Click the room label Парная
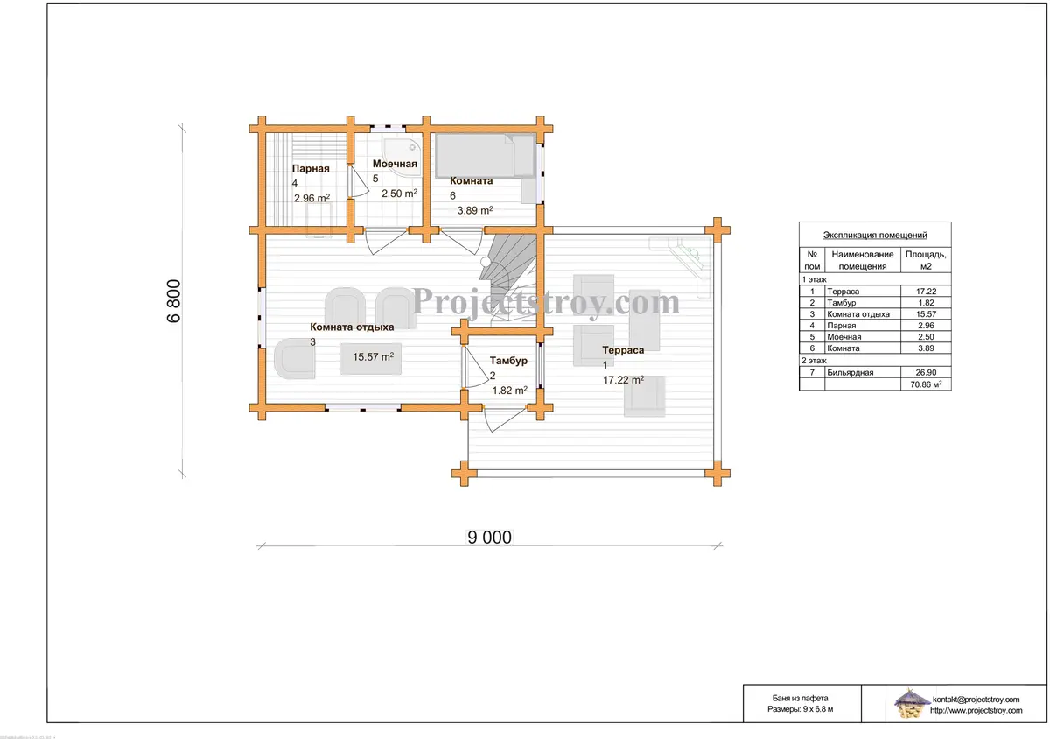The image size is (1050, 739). [x=311, y=168]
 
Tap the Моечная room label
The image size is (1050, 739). [x=395, y=164]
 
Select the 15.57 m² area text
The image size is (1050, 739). [x=373, y=356]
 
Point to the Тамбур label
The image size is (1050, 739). [x=508, y=361]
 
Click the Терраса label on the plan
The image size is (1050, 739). [x=623, y=350]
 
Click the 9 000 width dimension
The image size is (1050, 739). [x=489, y=538]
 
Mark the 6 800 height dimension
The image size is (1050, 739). [x=173, y=300]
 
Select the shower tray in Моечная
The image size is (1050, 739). [x=402, y=158]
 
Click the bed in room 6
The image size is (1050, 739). [x=485, y=156]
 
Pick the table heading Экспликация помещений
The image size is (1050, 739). [x=875, y=235]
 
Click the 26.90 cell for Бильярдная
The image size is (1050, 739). [x=926, y=372]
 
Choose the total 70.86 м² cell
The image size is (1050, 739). [x=926, y=384]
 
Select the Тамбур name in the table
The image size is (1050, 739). [x=842, y=303]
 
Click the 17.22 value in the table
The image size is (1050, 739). [x=926, y=292]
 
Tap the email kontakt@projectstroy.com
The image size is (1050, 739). [x=976, y=700]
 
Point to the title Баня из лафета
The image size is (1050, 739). [x=800, y=698]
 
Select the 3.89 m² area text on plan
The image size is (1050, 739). [x=475, y=210]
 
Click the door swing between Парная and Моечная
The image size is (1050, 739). [x=358, y=180]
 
